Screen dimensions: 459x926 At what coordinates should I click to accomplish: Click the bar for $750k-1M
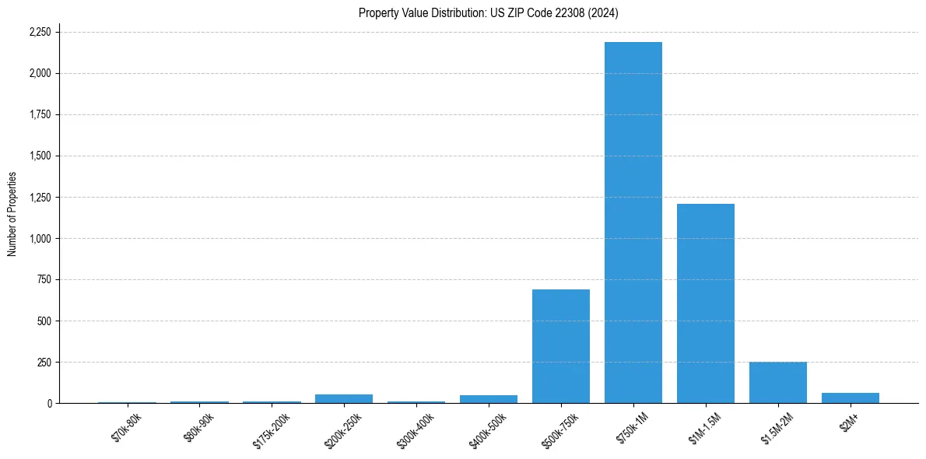point(633,222)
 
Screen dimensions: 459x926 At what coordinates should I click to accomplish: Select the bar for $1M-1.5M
point(705,303)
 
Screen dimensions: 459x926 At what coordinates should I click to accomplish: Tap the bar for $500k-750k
point(560,346)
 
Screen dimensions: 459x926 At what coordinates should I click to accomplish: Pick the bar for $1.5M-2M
point(777,383)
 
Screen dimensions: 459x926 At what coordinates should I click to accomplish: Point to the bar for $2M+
point(850,398)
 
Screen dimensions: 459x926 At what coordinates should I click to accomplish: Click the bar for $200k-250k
point(343,399)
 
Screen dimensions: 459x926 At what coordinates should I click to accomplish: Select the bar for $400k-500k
point(488,399)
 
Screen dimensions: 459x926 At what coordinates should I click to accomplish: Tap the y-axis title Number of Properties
point(12,214)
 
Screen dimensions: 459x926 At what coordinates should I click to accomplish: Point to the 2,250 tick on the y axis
point(39,32)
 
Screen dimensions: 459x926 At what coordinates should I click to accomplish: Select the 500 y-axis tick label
point(44,321)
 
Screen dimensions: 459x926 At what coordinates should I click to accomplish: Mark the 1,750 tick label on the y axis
point(39,114)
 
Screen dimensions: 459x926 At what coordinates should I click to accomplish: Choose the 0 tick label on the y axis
point(48,403)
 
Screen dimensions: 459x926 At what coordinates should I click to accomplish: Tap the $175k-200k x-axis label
point(271,430)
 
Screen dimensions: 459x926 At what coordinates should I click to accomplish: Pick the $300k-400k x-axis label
point(416,430)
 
